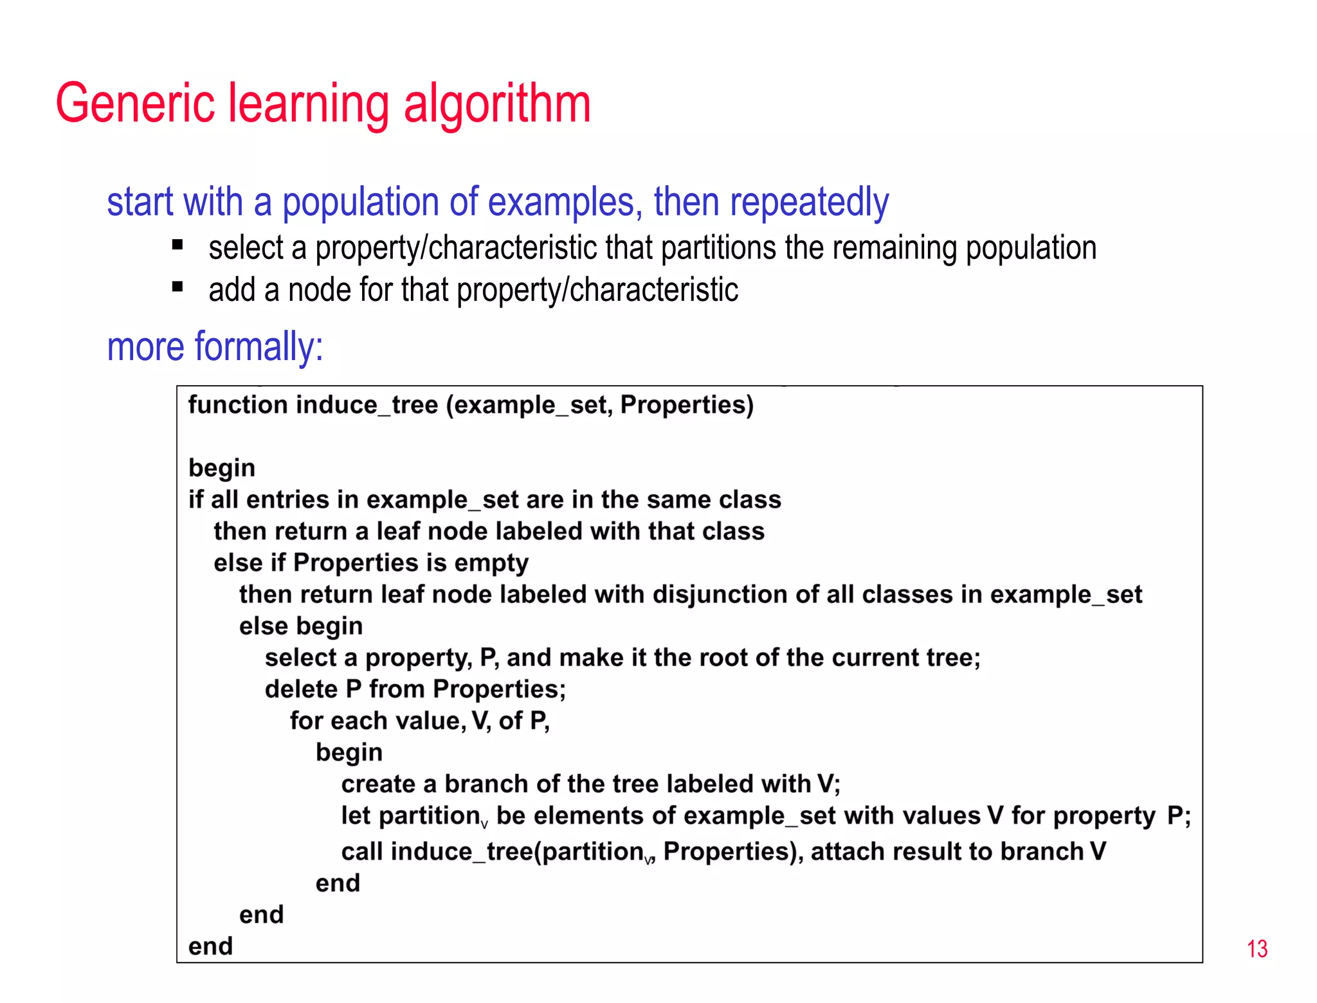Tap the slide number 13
click(1257, 949)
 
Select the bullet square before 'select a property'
click(178, 245)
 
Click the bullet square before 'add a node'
click(178, 287)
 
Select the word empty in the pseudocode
click(491, 563)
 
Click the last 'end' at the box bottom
click(210, 946)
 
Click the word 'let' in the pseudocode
click(355, 816)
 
